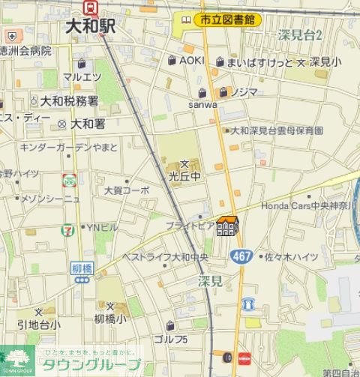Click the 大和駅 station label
pyautogui.click(x=90, y=26)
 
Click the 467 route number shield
pyautogui.click(x=241, y=256)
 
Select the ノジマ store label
pyautogui.click(x=244, y=91)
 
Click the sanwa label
pyautogui.click(x=204, y=104)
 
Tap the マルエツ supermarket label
pyautogui.click(x=82, y=76)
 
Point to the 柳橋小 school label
pyautogui.click(x=111, y=318)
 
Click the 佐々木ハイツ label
pyautogui.click(x=291, y=257)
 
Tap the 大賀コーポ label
pyautogui.click(x=127, y=190)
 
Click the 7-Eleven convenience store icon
pyautogui.click(x=68, y=228)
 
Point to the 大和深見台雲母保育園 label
pyautogui.click(x=277, y=130)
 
